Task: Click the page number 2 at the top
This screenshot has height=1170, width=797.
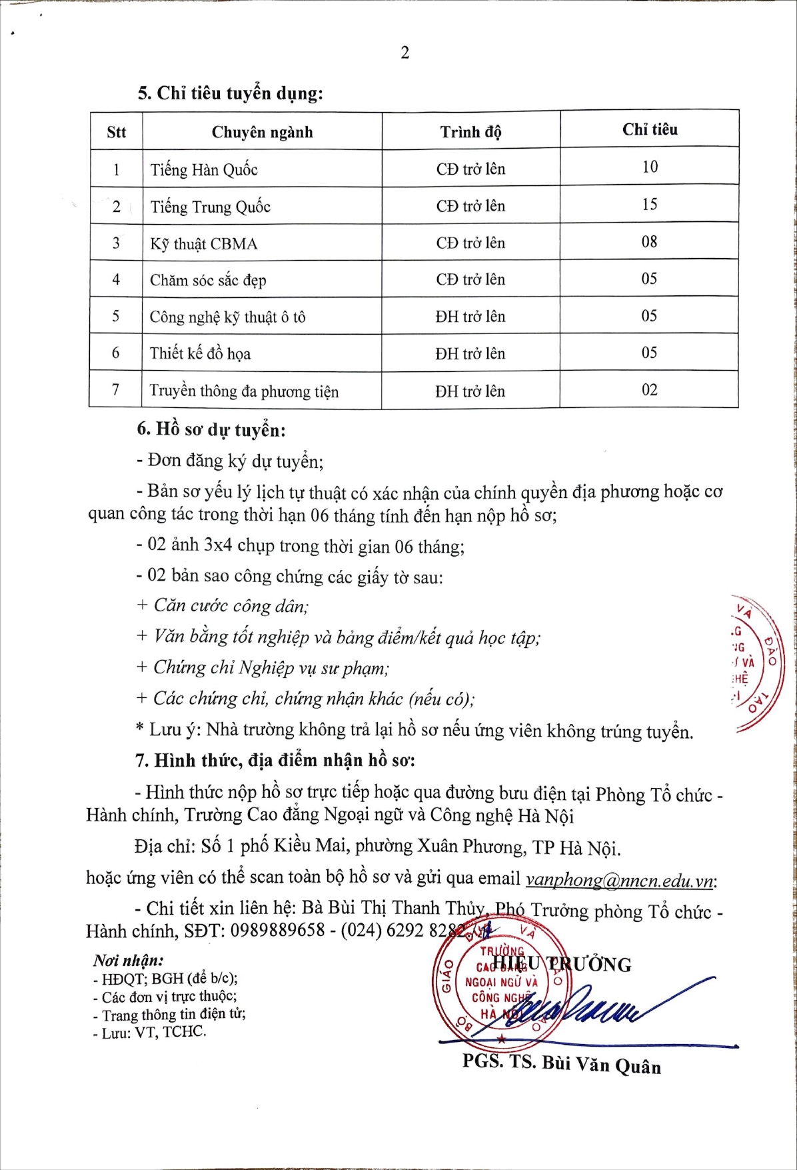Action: tap(404, 53)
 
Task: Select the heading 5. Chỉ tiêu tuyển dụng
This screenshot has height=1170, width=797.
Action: tap(230, 93)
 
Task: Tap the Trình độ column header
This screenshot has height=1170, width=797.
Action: tap(470, 132)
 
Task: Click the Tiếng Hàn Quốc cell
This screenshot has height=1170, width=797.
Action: tap(204, 169)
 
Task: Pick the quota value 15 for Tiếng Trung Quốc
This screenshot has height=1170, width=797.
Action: tap(649, 204)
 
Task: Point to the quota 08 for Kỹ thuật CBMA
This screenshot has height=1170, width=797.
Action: tap(649, 241)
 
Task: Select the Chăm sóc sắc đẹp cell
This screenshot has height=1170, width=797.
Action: tap(208, 280)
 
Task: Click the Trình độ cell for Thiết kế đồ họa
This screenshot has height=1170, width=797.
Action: tap(470, 353)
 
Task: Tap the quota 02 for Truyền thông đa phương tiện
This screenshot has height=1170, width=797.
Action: tap(649, 390)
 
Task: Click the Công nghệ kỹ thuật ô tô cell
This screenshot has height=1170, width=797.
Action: tap(227, 317)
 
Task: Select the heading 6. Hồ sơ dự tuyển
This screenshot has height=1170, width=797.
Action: tap(211, 429)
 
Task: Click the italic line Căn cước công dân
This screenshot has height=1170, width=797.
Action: tap(231, 605)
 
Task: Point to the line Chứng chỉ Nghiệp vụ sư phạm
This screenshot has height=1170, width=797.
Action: tap(271, 667)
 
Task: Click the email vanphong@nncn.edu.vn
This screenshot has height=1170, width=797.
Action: tap(620, 880)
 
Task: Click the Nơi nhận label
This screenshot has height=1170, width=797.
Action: tap(128, 960)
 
